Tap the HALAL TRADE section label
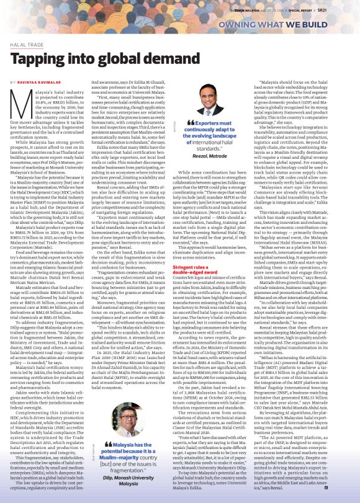click(x=27, y=45)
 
